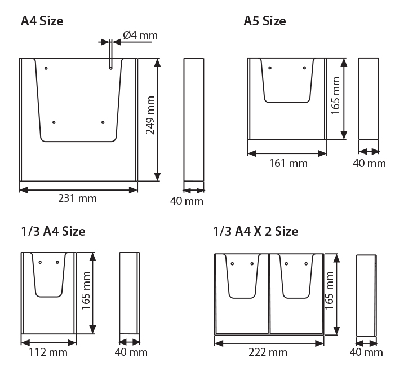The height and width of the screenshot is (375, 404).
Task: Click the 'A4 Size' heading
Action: click(x=42, y=21)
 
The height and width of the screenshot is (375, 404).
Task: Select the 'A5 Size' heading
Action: click(x=265, y=21)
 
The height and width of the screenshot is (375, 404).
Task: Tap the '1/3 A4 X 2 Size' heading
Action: click(x=256, y=231)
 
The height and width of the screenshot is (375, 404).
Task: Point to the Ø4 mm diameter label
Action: click(x=140, y=35)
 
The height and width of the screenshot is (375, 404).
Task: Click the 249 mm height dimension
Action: click(x=150, y=115)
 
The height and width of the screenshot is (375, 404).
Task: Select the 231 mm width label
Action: click(x=77, y=198)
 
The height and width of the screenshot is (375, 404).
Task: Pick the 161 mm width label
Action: click(x=288, y=164)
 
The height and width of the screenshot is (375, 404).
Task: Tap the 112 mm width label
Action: click(x=48, y=352)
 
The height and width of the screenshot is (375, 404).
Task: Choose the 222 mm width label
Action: click(x=268, y=352)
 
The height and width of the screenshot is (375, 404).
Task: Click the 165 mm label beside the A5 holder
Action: click(x=335, y=95)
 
